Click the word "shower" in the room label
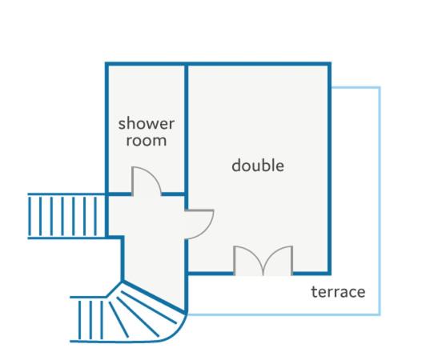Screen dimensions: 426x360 [x=147, y=123]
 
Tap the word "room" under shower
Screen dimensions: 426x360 [x=147, y=141]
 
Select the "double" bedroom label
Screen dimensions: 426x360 [x=258, y=165]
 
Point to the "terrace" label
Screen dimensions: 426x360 [x=338, y=292]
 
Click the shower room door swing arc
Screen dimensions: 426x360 [x=154, y=174]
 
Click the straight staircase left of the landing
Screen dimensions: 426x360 [x=66, y=216]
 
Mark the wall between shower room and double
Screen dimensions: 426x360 [x=186, y=129]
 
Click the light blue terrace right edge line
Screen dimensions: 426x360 [x=380, y=201]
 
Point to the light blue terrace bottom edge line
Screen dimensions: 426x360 [x=283, y=314]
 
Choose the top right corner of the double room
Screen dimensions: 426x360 [x=329, y=64]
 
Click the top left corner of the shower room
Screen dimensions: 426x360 [x=107, y=64]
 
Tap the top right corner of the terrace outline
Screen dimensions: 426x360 [x=380, y=88]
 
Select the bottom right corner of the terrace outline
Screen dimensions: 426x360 [x=380, y=314]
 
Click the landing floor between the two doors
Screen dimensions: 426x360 [x=152, y=217]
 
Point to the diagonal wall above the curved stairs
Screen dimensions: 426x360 [x=154, y=298]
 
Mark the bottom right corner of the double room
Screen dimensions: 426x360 [x=329, y=273]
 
